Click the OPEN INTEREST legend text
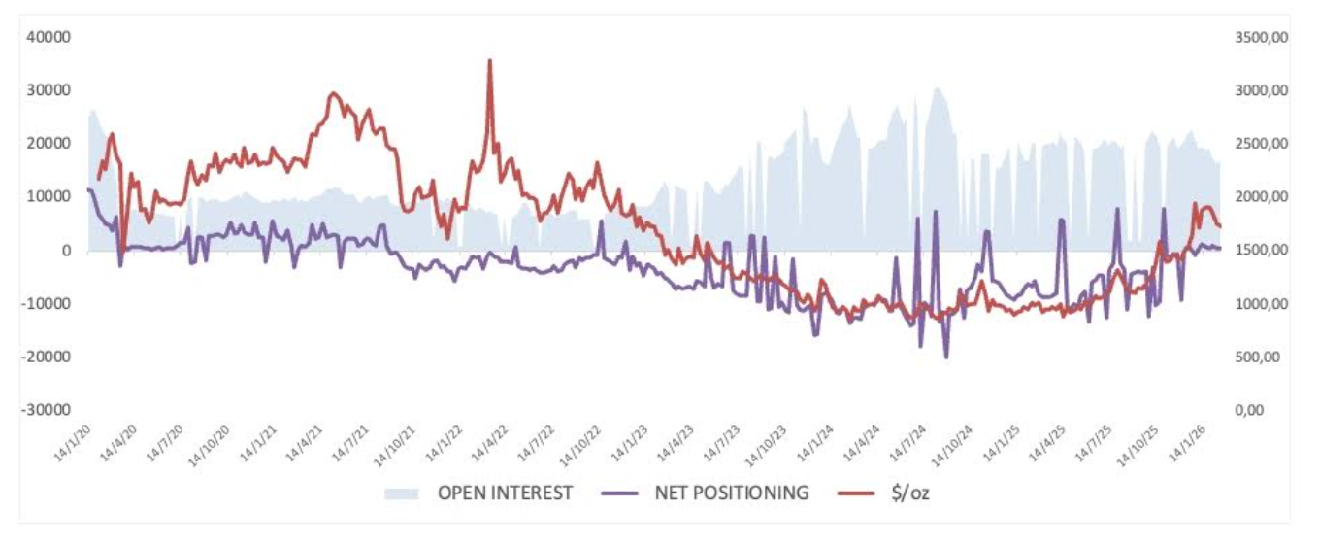[x=505, y=493]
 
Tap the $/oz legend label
[x=908, y=493]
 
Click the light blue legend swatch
[x=402, y=493]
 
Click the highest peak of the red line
[x=490, y=60]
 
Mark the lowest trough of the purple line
[x=946, y=357]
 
